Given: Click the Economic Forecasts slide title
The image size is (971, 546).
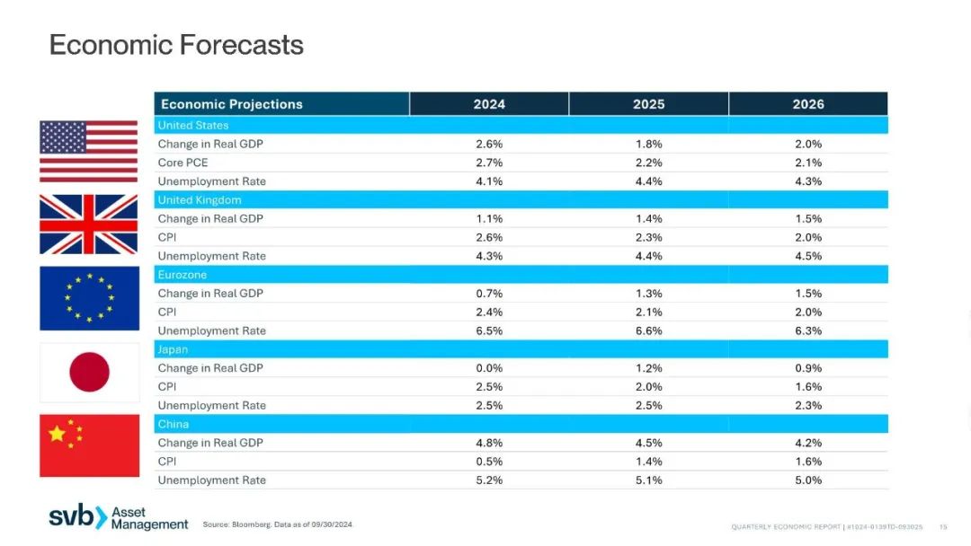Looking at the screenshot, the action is [176, 45].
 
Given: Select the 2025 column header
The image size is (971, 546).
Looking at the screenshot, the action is [648, 104].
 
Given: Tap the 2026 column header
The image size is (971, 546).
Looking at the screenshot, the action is [808, 104].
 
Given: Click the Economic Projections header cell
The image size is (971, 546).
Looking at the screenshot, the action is [232, 104].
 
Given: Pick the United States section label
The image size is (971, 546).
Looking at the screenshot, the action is [193, 125].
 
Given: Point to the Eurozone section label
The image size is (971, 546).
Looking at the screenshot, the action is [182, 275].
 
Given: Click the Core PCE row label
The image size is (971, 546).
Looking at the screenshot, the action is [183, 163].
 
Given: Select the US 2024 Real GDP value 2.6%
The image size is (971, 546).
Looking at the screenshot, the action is [489, 144].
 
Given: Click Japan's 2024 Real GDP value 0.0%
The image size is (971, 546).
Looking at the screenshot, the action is [489, 368].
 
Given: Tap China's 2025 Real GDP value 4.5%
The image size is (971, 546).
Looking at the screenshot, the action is [648, 443].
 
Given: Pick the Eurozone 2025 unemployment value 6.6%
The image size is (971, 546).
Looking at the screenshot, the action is [648, 330].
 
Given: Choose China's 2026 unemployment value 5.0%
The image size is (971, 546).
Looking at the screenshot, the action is [808, 480].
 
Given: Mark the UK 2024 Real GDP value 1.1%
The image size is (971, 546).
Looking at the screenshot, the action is [489, 219].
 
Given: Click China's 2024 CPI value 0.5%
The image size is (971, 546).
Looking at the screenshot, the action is [489, 462].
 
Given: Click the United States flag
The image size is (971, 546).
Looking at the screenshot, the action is [88, 152].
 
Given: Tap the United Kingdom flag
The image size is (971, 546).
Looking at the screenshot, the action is [88, 225].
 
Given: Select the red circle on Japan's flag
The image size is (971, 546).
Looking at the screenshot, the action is [89, 373].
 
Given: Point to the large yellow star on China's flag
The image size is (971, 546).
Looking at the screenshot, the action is [57, 434].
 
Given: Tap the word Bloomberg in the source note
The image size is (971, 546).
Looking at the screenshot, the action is [252, 524].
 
